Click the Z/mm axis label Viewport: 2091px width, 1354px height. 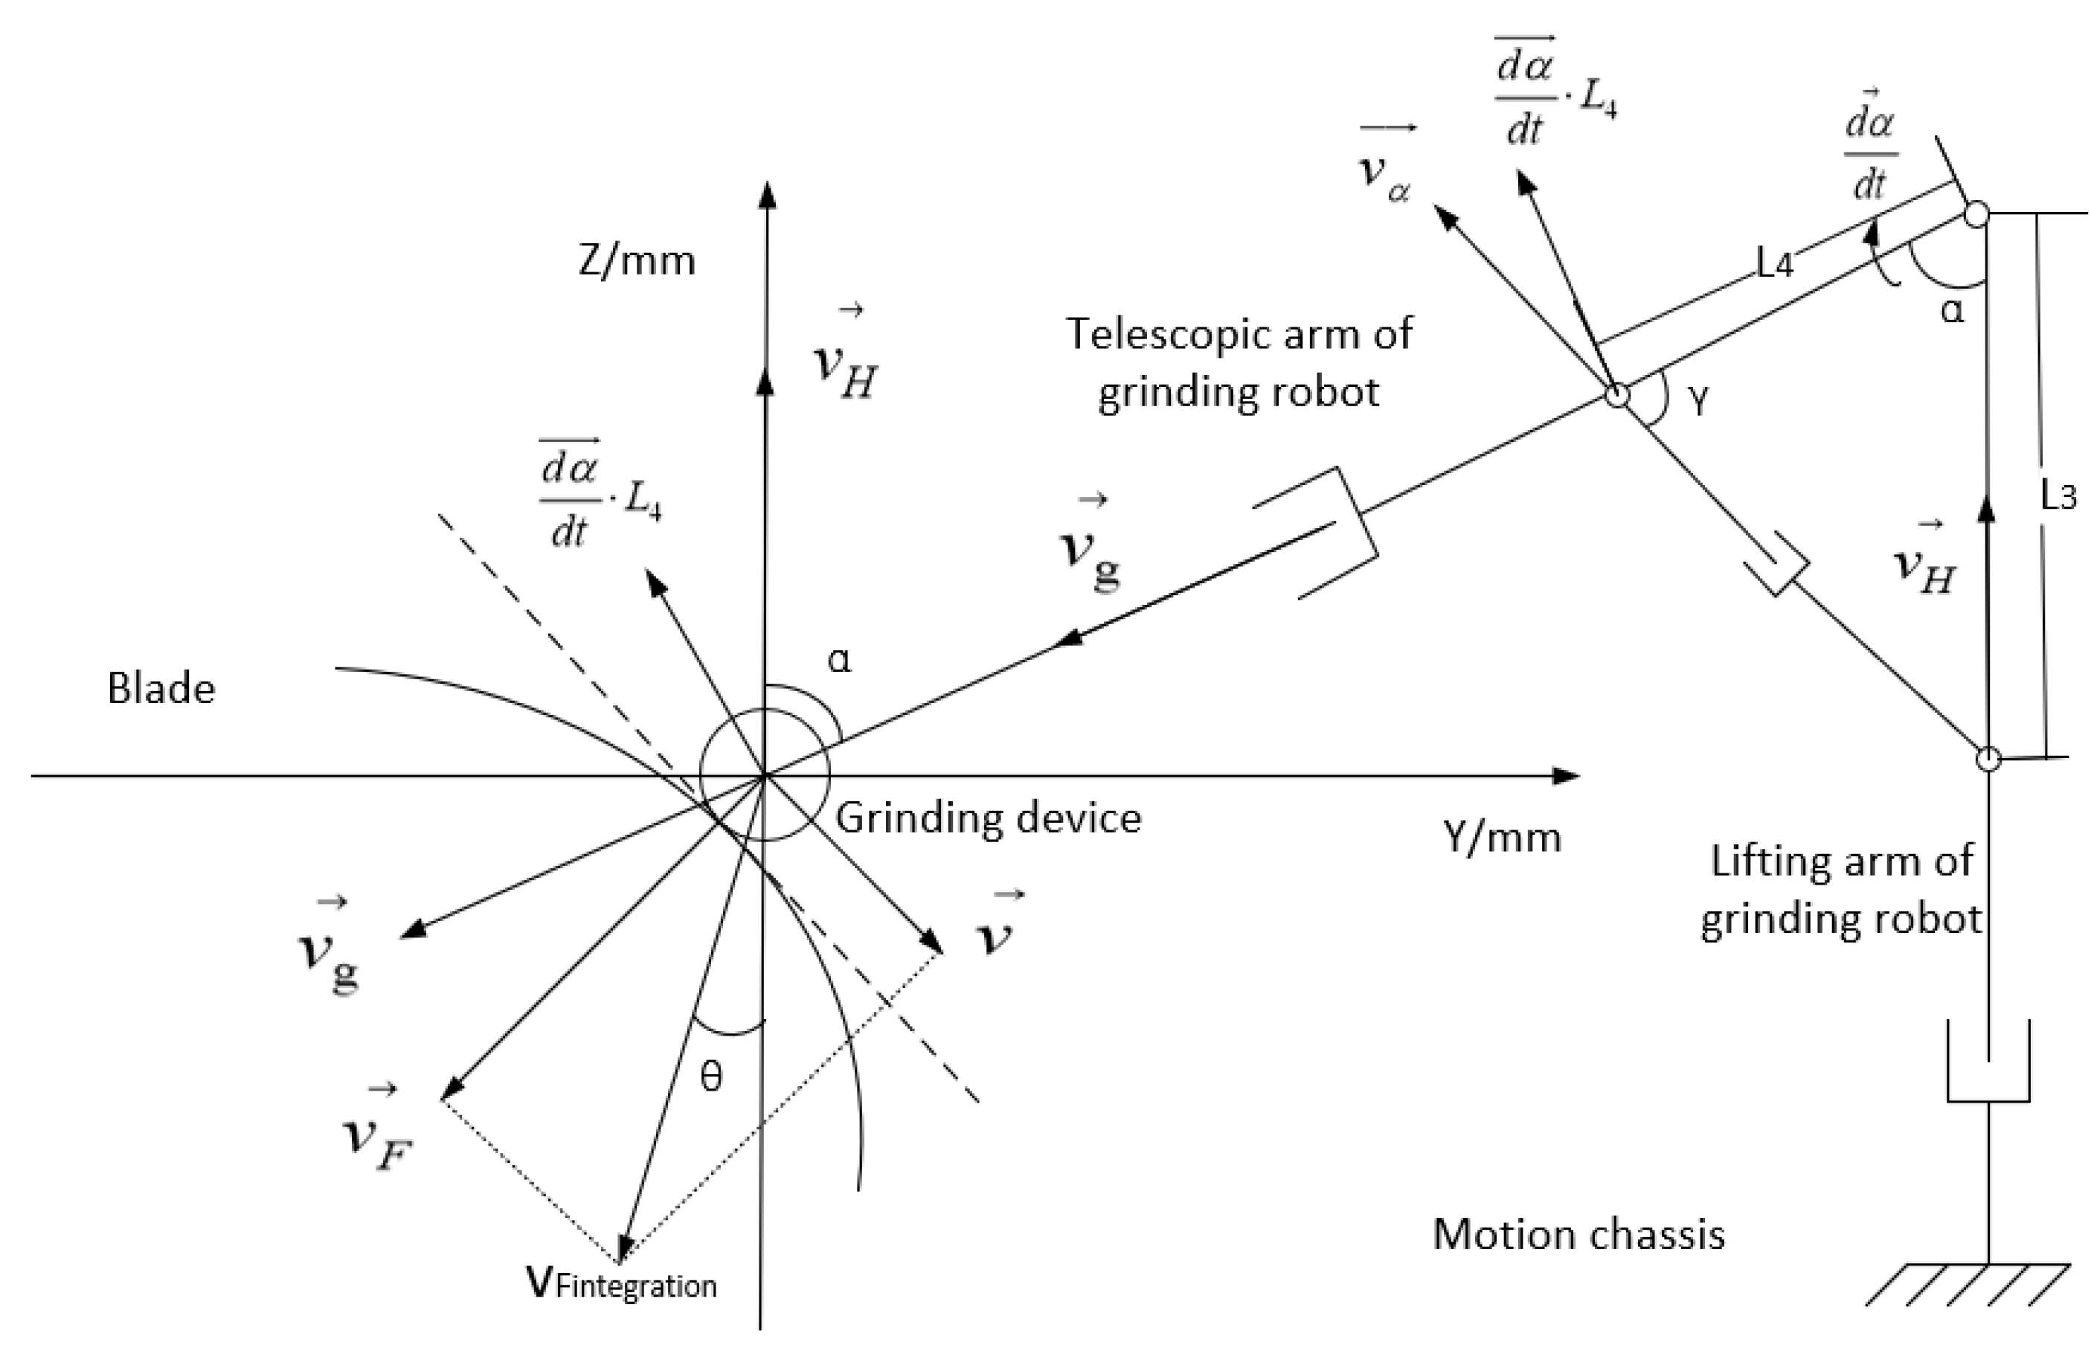click(x=637, y=261)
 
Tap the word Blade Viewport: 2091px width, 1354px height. click(x=161, y=688)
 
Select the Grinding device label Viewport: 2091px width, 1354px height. click(x=988, y=818)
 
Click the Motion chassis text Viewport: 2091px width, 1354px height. click(x=1578, y=1233)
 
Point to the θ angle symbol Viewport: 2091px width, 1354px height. click(x=711, y=1077)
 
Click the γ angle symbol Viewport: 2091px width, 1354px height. click(x=1699, y=402)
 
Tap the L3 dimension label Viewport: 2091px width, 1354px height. click(x=2058, y=495)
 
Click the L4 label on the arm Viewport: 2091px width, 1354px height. click(x=1774, y=263)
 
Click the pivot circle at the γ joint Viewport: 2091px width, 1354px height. click(x=1616, y=394)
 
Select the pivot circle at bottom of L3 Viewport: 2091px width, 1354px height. click(x=1988, y=758)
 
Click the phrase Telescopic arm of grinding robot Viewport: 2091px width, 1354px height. click(x=1239, y=362)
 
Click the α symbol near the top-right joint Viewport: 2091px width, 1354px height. click(x=1951, y=310)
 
